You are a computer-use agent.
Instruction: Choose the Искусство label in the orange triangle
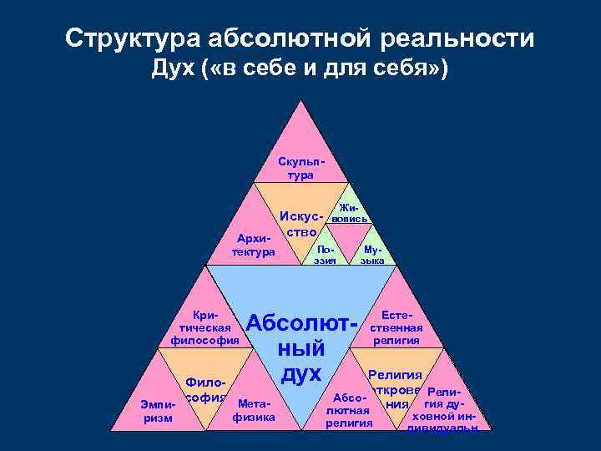point(302,221)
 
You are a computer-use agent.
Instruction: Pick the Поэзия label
point(325,255)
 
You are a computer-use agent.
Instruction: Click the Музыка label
point(372,255)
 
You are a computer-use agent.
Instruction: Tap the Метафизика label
point(253,410)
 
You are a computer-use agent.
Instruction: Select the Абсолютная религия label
point(349,410)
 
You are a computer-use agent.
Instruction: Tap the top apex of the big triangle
point(300,101)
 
